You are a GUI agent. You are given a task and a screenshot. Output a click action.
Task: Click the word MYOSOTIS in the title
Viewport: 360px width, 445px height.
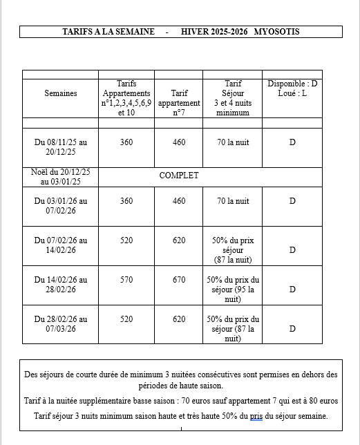(x=276, y=32)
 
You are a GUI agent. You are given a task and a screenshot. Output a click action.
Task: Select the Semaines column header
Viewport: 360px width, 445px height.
(x=61, y=93)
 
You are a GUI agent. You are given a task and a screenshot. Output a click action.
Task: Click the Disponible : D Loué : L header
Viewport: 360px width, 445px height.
(x=292, y=88)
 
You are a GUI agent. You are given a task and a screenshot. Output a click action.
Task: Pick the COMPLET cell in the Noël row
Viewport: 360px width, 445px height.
(x=179, y=176)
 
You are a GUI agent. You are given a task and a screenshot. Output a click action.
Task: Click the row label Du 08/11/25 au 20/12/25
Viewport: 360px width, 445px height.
(x=61, y=147)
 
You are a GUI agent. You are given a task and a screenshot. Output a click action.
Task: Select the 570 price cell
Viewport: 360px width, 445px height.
(x=126, y=280)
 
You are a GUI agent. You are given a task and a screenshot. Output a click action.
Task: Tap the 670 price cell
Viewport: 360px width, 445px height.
(x=179, y=280)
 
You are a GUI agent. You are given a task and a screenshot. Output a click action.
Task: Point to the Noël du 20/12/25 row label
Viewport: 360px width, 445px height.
(x=61, y=177)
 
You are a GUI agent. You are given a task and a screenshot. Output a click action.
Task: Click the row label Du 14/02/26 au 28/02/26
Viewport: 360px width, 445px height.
(x=61, y=285)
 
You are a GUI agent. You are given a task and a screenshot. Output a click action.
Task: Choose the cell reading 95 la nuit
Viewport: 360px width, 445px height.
(x=233, y=290)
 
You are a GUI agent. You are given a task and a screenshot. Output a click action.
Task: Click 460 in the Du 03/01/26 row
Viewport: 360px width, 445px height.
(x=179, y=201)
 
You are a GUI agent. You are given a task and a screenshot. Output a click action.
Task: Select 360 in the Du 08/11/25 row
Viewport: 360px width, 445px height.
(x=126, y=142)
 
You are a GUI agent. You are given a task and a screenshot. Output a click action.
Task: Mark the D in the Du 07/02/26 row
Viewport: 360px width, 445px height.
(x=292, y=250)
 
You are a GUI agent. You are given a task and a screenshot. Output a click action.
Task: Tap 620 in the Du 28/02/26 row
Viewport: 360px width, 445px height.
(x=179, y=319)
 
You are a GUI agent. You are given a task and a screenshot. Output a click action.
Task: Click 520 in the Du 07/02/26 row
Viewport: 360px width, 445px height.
(x=126, y=240)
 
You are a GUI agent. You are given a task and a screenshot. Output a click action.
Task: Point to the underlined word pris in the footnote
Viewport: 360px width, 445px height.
(x=256, y=416)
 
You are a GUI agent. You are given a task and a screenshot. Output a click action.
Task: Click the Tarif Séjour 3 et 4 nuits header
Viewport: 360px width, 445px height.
(x=233, y=98)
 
